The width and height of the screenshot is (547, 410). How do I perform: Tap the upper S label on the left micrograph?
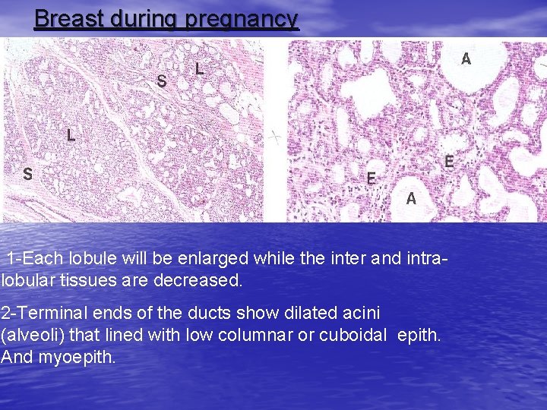162,80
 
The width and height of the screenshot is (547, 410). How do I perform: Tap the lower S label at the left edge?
27,174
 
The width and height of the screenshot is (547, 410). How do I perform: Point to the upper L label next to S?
199,69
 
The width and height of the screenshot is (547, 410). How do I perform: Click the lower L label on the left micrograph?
71,136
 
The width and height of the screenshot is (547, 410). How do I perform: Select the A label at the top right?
466,58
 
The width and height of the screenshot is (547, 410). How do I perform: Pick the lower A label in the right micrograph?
411,199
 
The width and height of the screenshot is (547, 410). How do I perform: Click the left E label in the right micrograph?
372,178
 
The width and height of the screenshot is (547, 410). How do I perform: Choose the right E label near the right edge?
449,162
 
